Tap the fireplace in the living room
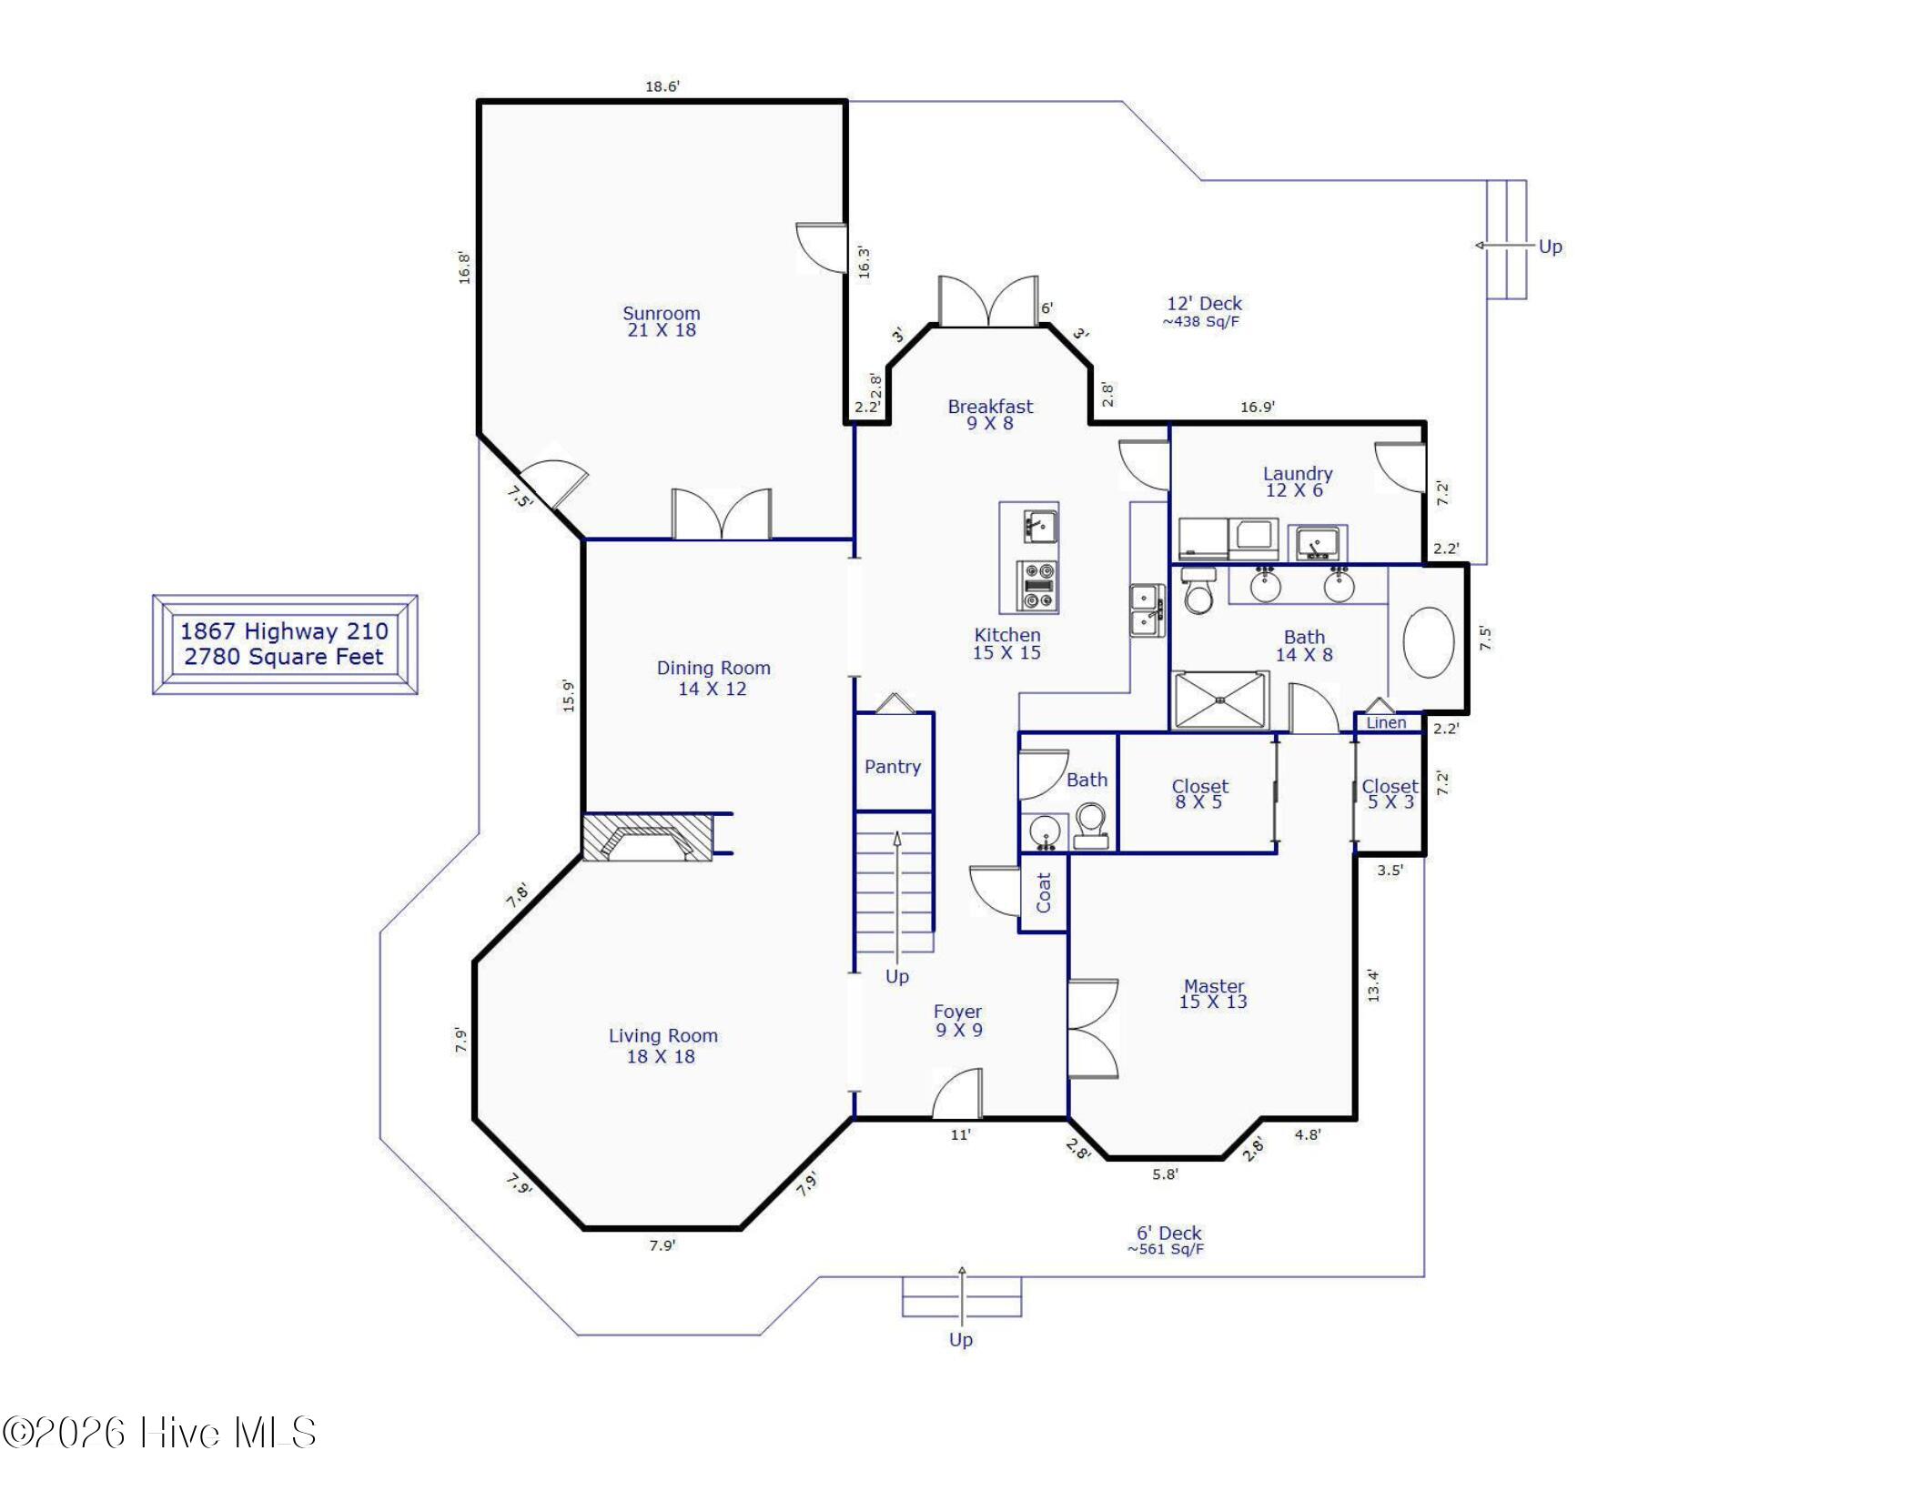(648, 837)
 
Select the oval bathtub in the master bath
(1429, 642)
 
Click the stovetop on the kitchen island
(1037, 587)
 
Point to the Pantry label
(893, 767)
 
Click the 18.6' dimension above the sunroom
(662, 86)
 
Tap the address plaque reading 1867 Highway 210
(285, 644)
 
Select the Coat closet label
(1044, 892)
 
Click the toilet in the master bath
(1199, 590)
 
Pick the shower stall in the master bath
(1219, 700)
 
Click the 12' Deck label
(1204, 304)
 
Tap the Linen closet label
(1386, 722)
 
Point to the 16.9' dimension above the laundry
(1258, 407)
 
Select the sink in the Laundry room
(1317, 543)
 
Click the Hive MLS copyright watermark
(159, 1433)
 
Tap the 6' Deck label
(1169, 1234)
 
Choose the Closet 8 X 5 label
(1199, 793)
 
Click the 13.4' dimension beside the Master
(1373, 985)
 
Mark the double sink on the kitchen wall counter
(1147, 609)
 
